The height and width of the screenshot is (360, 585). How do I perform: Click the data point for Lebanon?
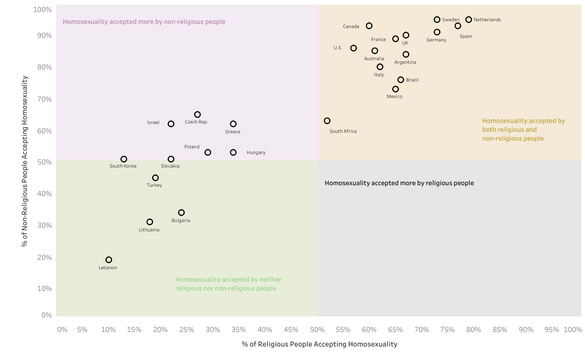coord(109,260)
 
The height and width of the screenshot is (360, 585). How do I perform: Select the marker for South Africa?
coord(327,121)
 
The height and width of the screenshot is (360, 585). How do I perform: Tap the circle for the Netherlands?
coord(469,20)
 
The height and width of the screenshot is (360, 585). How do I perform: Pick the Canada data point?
coord(369,26)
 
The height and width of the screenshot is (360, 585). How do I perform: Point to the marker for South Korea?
coord(124,159)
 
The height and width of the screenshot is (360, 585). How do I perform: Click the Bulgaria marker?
coord(182,213)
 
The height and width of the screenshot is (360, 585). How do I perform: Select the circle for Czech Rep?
coord(198,115)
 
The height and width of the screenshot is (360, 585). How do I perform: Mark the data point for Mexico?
coord(396,89)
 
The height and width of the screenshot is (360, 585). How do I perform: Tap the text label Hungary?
coord(256,153)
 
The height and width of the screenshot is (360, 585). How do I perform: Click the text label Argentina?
coord(405,62)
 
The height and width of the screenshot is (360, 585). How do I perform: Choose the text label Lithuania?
coord(149,230)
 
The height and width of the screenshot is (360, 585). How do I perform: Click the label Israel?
coord(153,122)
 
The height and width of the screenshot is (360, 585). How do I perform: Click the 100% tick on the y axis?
coord(42,10)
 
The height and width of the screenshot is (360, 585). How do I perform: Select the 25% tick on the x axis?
coord(187,329)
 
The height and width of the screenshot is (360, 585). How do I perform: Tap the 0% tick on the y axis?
coord(47,315)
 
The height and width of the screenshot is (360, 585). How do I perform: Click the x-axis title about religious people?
coord(319,344)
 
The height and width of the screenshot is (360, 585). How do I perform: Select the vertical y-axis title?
coord(25,161)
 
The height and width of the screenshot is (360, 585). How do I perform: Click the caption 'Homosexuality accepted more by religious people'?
coord(399,183)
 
